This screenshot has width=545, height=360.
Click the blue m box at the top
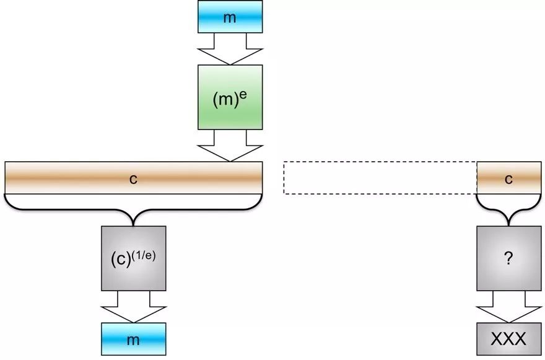pyautogui.click(x=230, y=17)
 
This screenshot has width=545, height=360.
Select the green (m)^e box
pyautogui.click(x=230, y=97)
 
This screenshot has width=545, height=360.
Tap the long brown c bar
pyautogui.click(x=134, y=178)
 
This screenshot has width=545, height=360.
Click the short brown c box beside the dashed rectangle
pyautogui.click(x=509, y=178)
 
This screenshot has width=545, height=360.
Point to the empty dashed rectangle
pyautogui.click(x=380, y=178)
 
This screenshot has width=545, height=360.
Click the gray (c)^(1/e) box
pyautogui.click(x=134, y=258)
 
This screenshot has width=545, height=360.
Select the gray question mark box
pyautogui.click(x=509, y=258)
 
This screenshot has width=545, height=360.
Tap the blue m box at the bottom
pyautogui.click(x=134, y=339)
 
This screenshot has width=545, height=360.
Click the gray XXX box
pyautogui.click(x=509, y=339)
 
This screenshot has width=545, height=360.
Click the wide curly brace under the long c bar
pyautogui.click(x=134, y=209)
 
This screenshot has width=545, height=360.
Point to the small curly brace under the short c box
pyautogui.click(x=509, y=209)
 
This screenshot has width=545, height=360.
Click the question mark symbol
pyautogui.click(x=508, y=258)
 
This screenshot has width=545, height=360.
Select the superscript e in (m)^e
pyautogui.click(x=243, y=95)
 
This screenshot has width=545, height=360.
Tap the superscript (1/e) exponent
pyautogui.click(x=144, y=256)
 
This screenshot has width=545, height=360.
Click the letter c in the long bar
pyautogui.click(x=134, y=179)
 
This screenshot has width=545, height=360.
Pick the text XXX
pyautogui.click(x=508, y=338)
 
